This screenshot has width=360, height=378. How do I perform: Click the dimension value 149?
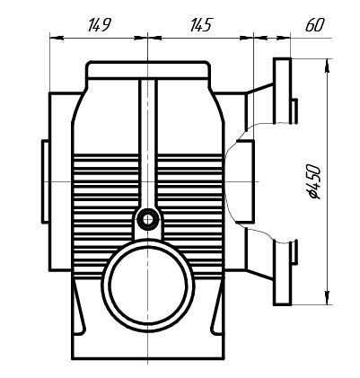[x=100, y=25]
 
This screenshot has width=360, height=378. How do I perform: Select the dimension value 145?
[x=199, y=25]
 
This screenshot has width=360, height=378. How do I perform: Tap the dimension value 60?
[x=313, y=25]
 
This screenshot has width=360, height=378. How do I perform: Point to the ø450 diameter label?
[x=314, y=180]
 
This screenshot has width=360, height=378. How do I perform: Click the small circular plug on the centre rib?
[x=146, y=218]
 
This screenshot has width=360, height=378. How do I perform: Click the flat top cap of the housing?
[x=147, y=68]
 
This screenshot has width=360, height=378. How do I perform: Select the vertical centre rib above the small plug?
[x=146, y=144]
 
